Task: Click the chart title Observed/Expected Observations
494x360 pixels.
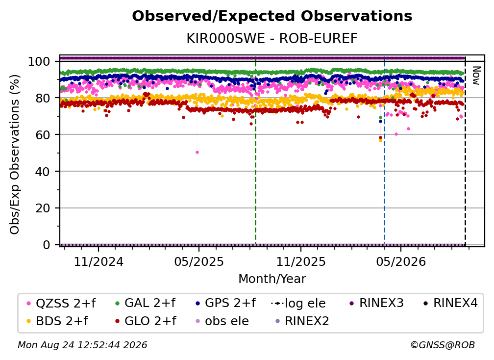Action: (272, 16)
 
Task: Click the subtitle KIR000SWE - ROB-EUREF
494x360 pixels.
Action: (272, 39)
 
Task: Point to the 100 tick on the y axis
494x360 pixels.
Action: (39, 61)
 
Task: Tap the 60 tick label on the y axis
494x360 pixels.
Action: (43, 134)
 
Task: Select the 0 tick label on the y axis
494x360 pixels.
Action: (47, 245)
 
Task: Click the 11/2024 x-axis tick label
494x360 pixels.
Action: (99, 261)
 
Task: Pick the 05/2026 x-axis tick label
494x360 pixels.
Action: (401, 261)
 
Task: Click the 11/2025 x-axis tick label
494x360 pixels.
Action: (301, 261)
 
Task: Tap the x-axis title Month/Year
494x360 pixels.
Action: (272, 279)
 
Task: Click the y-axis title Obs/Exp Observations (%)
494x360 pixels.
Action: (15, 154)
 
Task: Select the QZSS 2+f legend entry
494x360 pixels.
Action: (61, 303)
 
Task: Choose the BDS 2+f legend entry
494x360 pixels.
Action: (57, 321)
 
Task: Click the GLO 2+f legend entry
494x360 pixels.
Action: (146, 321)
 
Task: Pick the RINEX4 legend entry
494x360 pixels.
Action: (450, 303)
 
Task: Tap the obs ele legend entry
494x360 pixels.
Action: (221, 321)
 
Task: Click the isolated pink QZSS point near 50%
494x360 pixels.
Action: (197, 152)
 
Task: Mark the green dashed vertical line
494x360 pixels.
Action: (255, 151)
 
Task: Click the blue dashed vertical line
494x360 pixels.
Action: (384, 151)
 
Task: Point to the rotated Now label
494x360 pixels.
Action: (476, 76)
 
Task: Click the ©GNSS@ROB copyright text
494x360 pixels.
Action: (443, 345)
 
